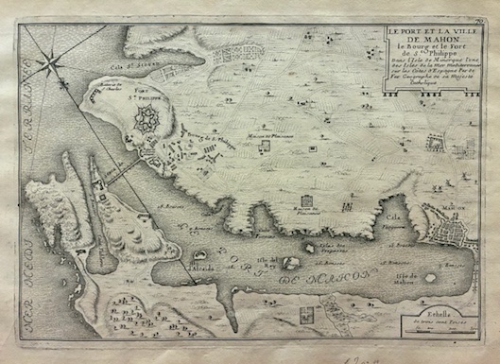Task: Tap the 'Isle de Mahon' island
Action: click(431, 278)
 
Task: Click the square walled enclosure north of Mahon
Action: click(436, 144)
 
